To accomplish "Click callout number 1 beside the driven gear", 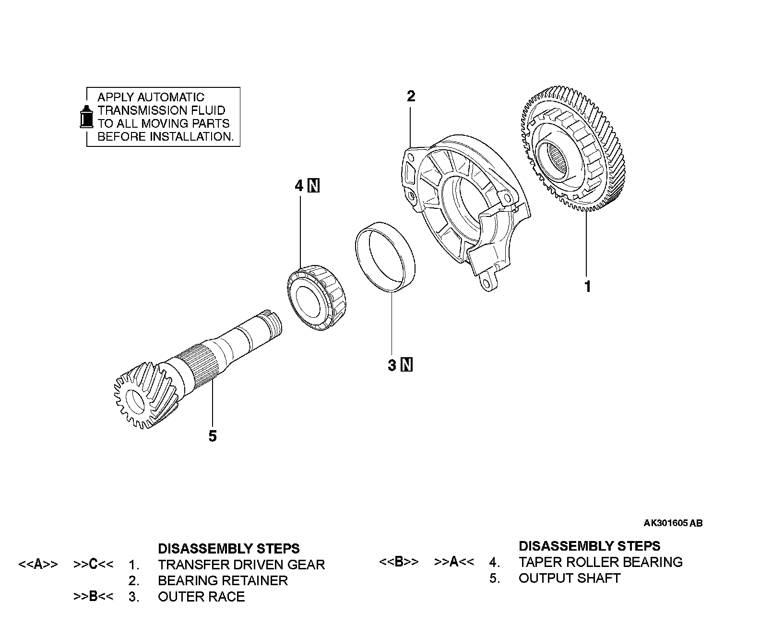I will pyautogui.click(x=587, y=287).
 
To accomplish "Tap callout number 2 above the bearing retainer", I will pyautogui.click(x=411, y=96).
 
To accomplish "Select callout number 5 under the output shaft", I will pyautogui.click(x=213, y=436).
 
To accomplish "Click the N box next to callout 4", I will pyautogui.click(x=313, y=185).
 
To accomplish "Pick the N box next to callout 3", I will pyautogui.click(x=407, y=365).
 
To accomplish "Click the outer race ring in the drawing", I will pyautogui.click(x=385, y=260).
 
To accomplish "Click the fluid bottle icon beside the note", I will pyautogui.click(x=86, y=116).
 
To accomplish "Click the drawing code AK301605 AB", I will pyautogui.click(x=673, y=523).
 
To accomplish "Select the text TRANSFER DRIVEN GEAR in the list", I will pyautogui.click(x=241, y=565).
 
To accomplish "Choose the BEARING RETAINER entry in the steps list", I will pyautogui.click(x=223, y=580).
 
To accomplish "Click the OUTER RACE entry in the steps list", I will pyautogui.click(x=201, y=597).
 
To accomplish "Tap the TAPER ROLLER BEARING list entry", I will pyautogui.click(x=600, y=562).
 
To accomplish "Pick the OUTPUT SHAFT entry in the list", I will pyautogui.click(x=569, y=578).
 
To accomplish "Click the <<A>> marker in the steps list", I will pyautogui.click(x=38, y=565).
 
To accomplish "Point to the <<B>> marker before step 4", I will pyautogui.click(x=399, y=562).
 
